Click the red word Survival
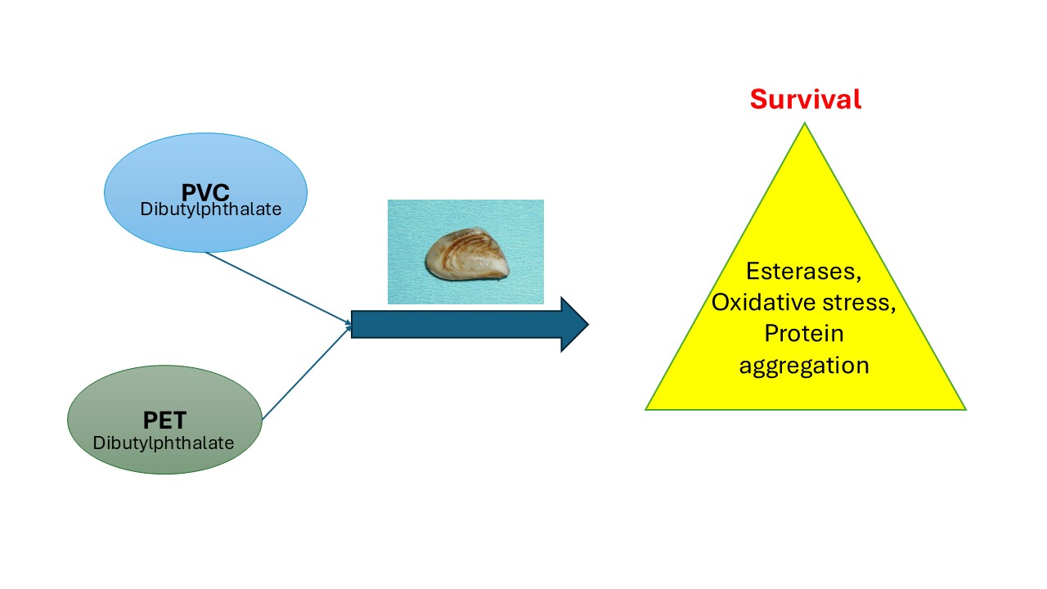click(x=806, y=99)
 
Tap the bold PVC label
click(x=205, y=193)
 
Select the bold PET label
click(x=164, y=420)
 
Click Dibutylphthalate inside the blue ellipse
click(x=211, y=209)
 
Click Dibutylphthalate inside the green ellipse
click(x=164, y=443)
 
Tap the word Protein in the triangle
click(x=804, y=333)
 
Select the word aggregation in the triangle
click(x=804, y=364)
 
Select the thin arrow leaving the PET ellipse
click(x=305, y=373)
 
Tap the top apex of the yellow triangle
click(x=805, y=124)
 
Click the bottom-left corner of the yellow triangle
click(x=648, y=408)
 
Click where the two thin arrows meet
click(x=351, y=325)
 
